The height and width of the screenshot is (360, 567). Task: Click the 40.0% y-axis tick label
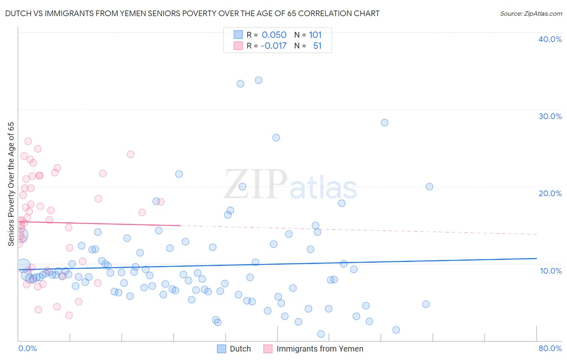tap(550, 39)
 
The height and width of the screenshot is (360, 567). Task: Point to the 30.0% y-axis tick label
tap(550, 116)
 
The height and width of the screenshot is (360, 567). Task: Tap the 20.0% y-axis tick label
tap(550, 193)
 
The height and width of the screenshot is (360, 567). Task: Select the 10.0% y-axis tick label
tap(551, 270)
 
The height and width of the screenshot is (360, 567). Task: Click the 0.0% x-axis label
tap(27, 348)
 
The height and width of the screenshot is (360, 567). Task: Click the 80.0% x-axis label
tap(550, 348)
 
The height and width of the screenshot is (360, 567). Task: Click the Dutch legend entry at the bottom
tap(240, 349)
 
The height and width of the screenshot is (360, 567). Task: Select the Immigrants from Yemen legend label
tap(319, 349)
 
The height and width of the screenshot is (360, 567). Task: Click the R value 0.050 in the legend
tap(274, 35)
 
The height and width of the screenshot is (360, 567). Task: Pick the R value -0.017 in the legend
tap(273, 46)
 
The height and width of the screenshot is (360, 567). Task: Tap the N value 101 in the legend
tap(315, 35)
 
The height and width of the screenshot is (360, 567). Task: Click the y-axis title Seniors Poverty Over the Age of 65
tap(11, 184)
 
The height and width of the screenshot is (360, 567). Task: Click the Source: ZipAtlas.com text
tap(531, 13)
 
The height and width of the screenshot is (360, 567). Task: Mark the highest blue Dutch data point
tap(258, 80)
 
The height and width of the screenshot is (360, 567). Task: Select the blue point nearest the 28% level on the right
tap(384, 123)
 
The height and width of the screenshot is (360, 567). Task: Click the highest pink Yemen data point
tap(28, 141)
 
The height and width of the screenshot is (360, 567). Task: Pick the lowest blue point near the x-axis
tap(321, 334)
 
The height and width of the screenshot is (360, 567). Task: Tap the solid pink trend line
tap(101, 224)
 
